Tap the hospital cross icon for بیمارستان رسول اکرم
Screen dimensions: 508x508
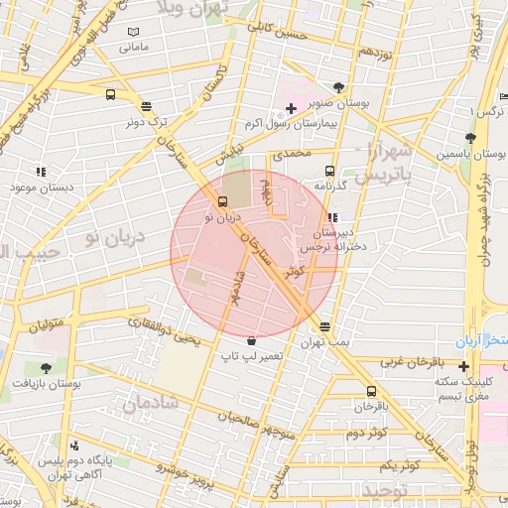(290, 108)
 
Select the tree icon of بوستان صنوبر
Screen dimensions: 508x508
(339, 87)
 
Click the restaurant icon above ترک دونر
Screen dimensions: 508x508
(147, 106)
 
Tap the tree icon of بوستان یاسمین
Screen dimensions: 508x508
(470, 139)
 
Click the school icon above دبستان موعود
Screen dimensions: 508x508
(41, 172)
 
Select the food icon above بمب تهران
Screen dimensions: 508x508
(325, 326)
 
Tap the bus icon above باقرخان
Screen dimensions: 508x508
(371, 391)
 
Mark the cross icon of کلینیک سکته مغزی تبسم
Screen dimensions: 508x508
(463, 365)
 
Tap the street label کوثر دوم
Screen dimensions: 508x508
(367, 434)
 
